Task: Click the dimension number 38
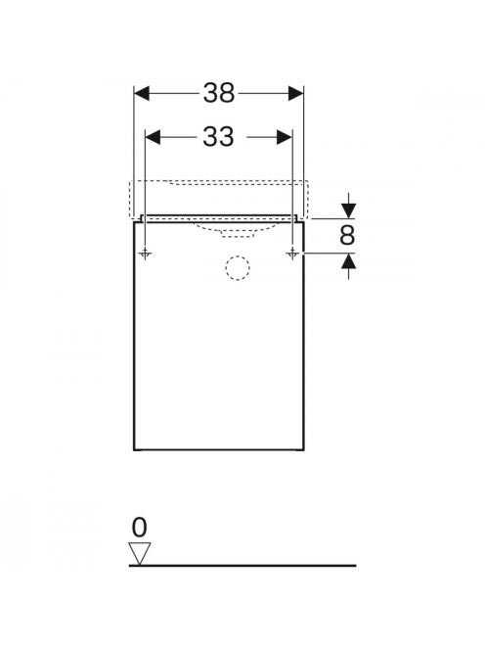(x=219, y=93)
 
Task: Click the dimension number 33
(x=218, y=136)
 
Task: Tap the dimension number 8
(x=347, y=235)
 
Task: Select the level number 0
(x=139, y=528)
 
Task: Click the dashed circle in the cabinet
(x=238, y=268)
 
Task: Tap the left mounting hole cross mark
(x=145, y=253)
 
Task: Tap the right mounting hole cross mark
(x=292, y=253)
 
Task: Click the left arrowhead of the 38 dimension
(x=141, y=93)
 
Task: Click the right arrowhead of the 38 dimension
(x=295, y=93)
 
